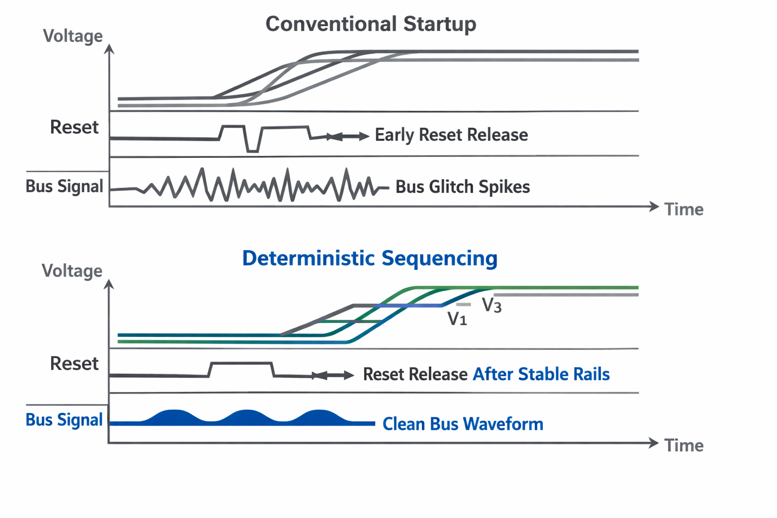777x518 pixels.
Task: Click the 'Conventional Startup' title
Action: (371, 24)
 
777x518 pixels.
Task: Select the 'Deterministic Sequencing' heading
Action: (370, 258)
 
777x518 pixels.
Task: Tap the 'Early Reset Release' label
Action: (451, 135)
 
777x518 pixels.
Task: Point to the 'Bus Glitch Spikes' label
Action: (462, 187)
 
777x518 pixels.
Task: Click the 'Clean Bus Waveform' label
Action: (463, 424)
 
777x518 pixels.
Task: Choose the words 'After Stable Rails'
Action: (541, 374)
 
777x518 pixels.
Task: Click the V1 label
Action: (457, 319)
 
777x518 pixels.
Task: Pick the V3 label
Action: (492, 305)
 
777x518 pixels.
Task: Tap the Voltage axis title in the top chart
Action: (73, 36)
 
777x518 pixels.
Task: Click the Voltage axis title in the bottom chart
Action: (72, 271)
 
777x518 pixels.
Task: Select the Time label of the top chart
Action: (684, 209)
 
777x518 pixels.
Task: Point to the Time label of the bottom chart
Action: (684, 446)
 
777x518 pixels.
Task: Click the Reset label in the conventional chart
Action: (74, 127)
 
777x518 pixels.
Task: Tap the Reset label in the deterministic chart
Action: (74, 363)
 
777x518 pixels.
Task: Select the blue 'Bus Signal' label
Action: (64, 420)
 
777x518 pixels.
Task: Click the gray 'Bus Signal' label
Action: (64, 186)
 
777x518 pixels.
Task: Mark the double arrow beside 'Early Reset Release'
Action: (348, 136)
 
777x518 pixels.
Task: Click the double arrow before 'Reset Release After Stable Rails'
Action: (333, 375)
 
